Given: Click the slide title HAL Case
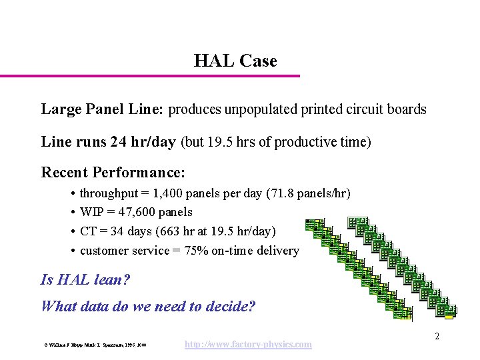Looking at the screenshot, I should (x=235, y=61).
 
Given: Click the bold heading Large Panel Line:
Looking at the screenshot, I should (x=103, y=109).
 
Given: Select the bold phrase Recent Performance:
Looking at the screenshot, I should (x=113, y=173).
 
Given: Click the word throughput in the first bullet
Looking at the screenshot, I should (x=109, y=194).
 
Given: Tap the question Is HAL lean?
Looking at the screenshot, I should (x=85, y=280).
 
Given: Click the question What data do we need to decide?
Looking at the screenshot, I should (x=147, y=307).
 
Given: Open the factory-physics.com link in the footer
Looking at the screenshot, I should (x=247, y=345).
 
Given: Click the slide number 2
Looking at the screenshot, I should (x=437, y=337).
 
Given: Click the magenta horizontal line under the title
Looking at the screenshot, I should (x=150, y=76).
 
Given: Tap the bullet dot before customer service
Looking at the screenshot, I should (x=71, y=251).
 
